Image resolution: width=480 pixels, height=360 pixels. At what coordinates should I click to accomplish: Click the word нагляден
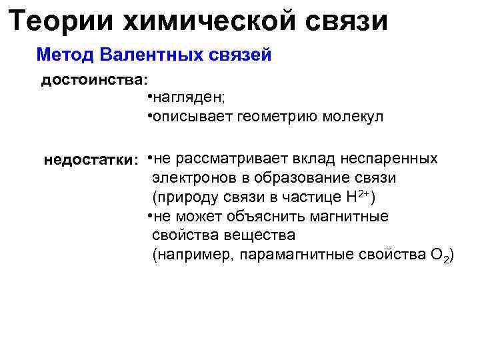189,99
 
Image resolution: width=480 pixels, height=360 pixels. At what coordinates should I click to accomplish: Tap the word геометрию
273,117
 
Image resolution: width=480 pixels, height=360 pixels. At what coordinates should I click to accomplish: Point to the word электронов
189,178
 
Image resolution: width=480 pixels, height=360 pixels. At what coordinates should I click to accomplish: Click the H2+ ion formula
359,197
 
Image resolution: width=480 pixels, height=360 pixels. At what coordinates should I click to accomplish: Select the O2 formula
437,256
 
